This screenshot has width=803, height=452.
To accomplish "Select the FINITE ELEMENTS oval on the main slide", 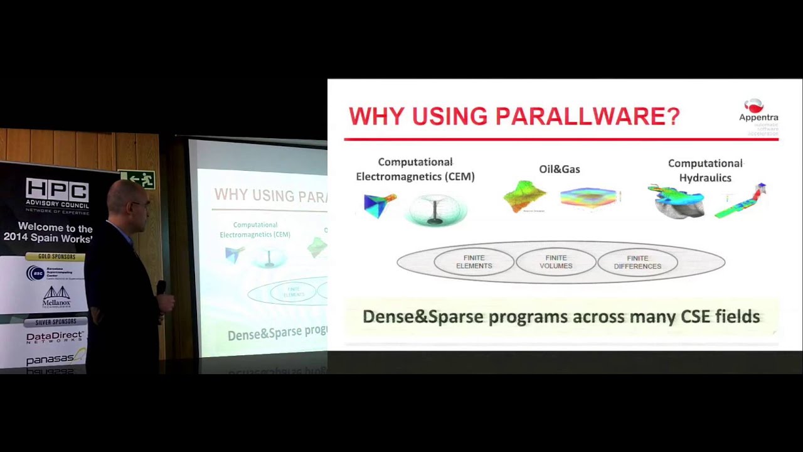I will click(474, 262).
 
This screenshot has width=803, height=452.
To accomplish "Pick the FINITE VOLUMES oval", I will click(556, 262).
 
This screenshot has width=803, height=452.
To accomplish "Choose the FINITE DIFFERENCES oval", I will click(637, 262).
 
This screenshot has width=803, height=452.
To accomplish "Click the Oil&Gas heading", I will click(559, 169).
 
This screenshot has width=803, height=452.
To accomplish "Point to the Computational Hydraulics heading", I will click(705, 170).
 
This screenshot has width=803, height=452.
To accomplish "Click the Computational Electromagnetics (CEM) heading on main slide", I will click(415, 169).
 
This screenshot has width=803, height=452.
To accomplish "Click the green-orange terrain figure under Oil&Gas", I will click(525, 196).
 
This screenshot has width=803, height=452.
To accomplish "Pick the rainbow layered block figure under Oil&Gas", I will click(590, 198).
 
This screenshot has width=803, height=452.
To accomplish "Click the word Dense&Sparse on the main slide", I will click(423, 316).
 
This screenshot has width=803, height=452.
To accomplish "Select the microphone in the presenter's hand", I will click(161, 288).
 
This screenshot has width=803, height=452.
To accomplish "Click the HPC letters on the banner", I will click(57, 190).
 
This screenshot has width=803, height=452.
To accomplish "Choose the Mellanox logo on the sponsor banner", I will click(56, 296).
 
